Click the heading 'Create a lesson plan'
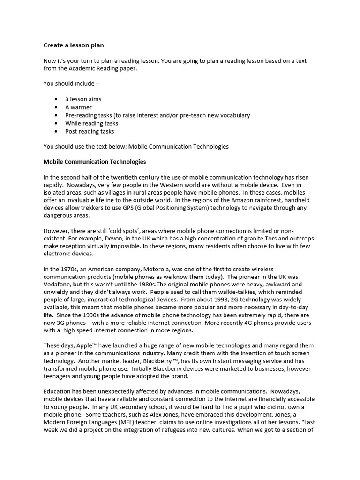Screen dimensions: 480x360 [74, 45]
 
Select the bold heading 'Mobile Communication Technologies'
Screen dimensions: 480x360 [95, 162]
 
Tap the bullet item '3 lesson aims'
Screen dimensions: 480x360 [83, 99]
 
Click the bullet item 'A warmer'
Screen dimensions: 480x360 [78, 107]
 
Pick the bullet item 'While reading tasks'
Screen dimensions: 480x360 [91, 123]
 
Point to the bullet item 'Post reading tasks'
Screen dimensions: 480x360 [90, 131]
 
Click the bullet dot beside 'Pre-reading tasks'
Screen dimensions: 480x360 [56, 115]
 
